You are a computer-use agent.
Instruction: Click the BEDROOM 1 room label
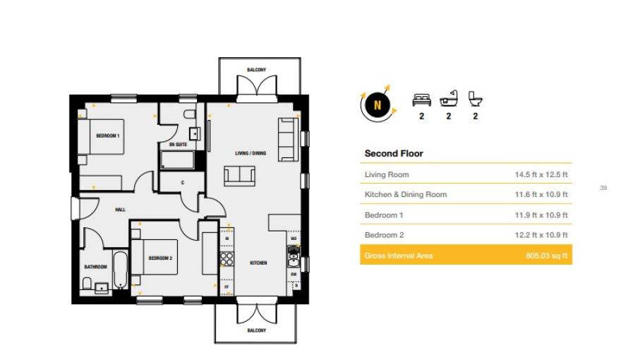pos(108,135)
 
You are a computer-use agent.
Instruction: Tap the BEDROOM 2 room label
pos(160,258)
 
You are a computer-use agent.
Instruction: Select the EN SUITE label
pos(178,145)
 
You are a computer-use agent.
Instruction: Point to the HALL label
pos(121,210)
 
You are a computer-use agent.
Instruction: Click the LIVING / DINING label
pos(251,152)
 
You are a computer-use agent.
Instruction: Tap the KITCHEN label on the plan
pos(258,263)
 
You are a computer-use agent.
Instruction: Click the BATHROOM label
pos(95,267)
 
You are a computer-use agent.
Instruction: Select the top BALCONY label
pos(256,70)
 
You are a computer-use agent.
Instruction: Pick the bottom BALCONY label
pos(256,330)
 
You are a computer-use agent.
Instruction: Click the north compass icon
pos(377,105)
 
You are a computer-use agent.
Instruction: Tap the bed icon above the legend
pos(421,100)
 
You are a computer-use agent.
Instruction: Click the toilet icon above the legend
pos(475,100)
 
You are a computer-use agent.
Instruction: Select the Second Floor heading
pos(393,153)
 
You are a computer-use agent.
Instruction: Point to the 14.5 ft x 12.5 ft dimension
pos(541,174)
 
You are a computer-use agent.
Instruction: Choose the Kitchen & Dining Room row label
pos(405,194)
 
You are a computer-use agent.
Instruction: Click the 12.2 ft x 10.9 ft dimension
pos(541,235)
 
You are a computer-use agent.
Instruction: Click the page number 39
pos(603,188)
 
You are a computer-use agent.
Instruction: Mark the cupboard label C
pos(182,183)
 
